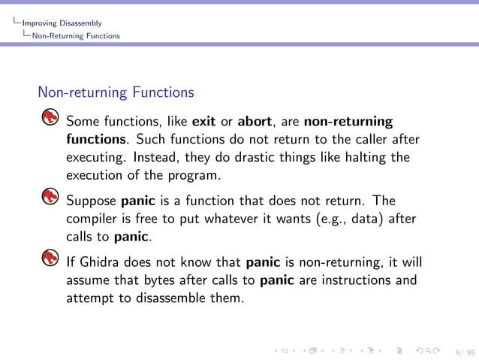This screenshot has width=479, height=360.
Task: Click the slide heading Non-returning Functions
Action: pyautogui.click(x=116, y=93)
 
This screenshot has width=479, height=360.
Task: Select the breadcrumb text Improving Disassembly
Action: pyautogui.click(x=62, y=23)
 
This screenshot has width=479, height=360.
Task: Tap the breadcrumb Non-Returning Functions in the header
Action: pyautogui.click(x=76, y=35)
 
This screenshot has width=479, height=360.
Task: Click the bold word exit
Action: pyautogui.click(x=204, y=122)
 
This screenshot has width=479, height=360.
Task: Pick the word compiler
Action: pyautogui.click(x=92, y=219)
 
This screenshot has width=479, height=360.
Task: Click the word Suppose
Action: pyautogui.click(x=91, y=201)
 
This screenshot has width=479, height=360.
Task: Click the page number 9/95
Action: pyautogui.click(x=465, y=350)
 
